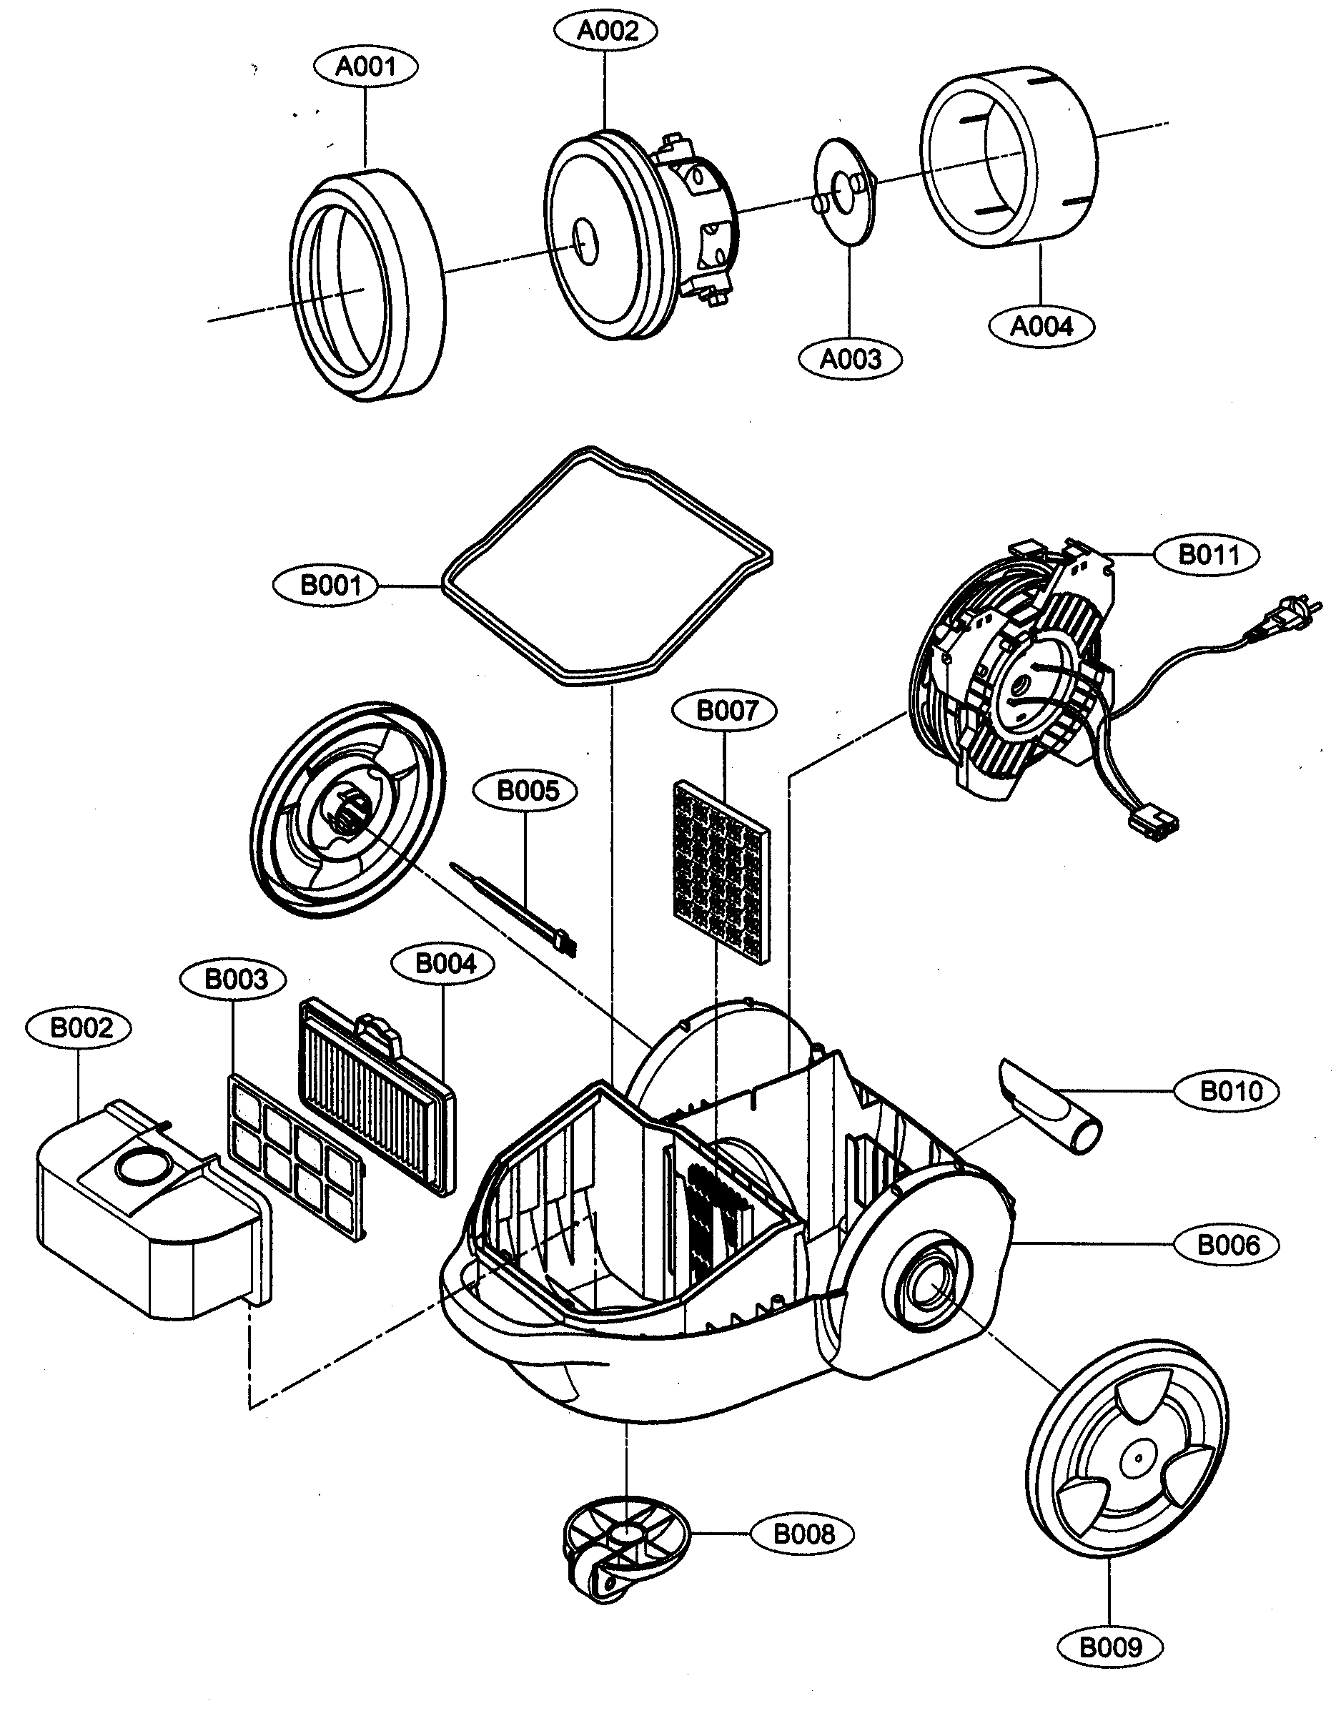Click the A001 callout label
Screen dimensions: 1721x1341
tap(365, 66)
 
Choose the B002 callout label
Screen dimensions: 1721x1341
tap(79, 1028)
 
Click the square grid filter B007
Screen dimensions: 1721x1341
tap(722, 870)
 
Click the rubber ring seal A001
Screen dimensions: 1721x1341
tap(367, 285)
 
